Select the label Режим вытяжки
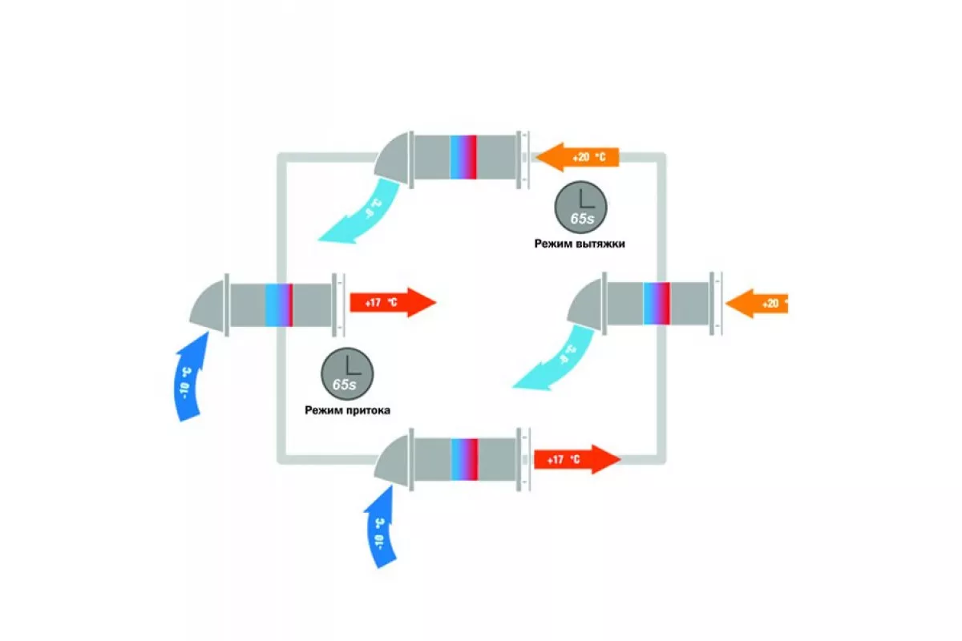[580, 243]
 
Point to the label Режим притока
[346, 409]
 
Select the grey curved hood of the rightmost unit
[587, 302]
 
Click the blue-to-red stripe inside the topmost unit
[463, 156]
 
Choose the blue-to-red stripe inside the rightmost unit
[656, 303]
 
